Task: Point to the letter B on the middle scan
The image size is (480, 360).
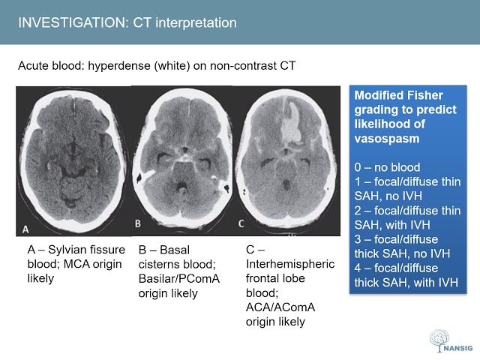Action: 137,223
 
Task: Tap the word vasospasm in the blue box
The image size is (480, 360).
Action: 388,138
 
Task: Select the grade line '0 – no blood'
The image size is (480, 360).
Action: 387,166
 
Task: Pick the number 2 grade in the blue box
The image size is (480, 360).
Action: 358,208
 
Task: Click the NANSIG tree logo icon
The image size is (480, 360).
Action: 439,339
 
